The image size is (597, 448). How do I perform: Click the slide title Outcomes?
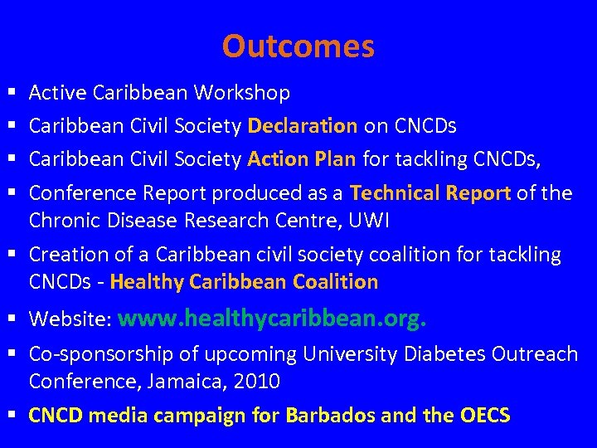click(298, 46)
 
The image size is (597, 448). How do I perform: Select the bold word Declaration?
click(303, 126)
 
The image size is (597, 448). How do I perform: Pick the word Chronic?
click(59, 220)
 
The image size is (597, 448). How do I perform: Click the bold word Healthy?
click(147, 282)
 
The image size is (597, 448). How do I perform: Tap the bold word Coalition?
click(336, 282)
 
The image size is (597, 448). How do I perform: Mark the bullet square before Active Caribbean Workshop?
click(10, 94)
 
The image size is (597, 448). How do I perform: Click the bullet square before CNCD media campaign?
click(10, 416)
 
